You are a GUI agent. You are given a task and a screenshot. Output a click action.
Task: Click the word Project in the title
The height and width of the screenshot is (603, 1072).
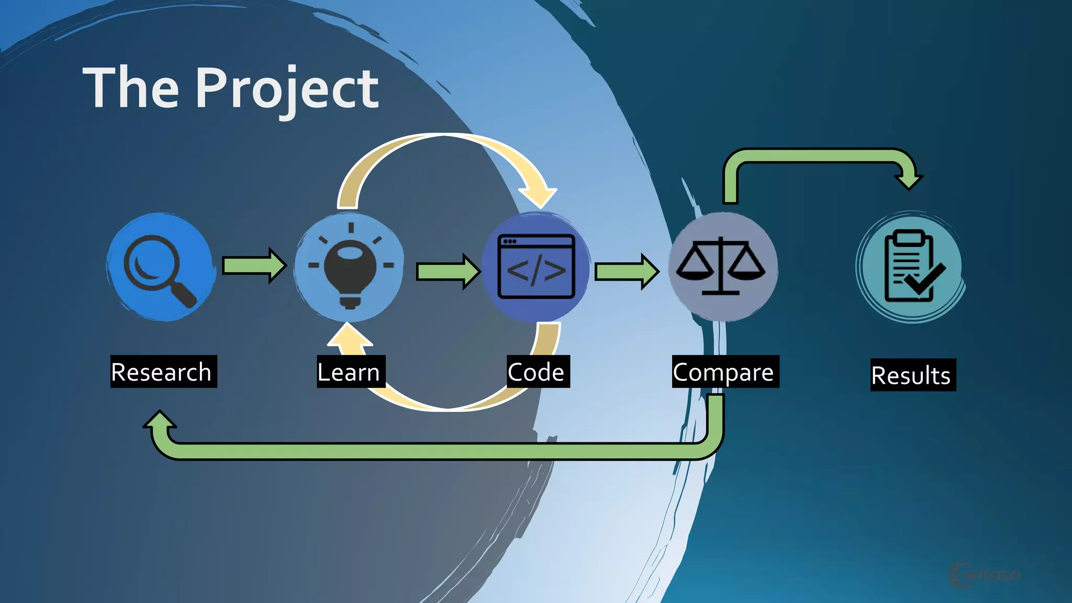click(287, 89)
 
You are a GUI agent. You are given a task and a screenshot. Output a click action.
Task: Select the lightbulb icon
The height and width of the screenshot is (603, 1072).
click(350, 268)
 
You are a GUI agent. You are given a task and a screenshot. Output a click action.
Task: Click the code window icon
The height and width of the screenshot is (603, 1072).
click(536, 267)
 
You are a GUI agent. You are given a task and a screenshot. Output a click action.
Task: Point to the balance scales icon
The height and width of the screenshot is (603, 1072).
click(721, 267)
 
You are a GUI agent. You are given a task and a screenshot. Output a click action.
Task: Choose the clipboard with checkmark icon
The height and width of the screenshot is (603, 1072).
click(911, 267)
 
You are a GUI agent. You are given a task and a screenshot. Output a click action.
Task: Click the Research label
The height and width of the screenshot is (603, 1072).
click(163, 372)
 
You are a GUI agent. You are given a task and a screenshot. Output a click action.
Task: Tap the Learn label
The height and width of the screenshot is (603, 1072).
click(350, 372)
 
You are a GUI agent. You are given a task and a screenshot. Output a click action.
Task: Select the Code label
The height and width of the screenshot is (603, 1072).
click(538, 372)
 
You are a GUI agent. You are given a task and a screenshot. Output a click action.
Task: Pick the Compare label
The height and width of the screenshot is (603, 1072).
click(725, 372)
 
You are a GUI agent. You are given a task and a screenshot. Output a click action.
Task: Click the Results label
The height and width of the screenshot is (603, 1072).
click(912, 375)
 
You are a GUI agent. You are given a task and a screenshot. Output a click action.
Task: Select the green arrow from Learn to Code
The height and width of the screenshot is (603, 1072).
click(448, 271)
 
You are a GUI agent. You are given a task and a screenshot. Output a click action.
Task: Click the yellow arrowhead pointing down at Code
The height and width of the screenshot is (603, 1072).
click(539, 197)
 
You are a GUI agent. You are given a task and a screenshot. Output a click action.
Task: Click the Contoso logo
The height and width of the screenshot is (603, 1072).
click(984, 575)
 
